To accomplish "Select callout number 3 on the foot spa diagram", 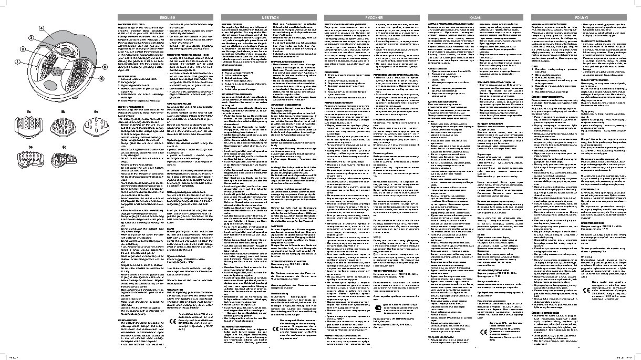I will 31,38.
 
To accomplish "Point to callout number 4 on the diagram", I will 41,27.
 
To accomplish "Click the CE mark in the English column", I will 172,322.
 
